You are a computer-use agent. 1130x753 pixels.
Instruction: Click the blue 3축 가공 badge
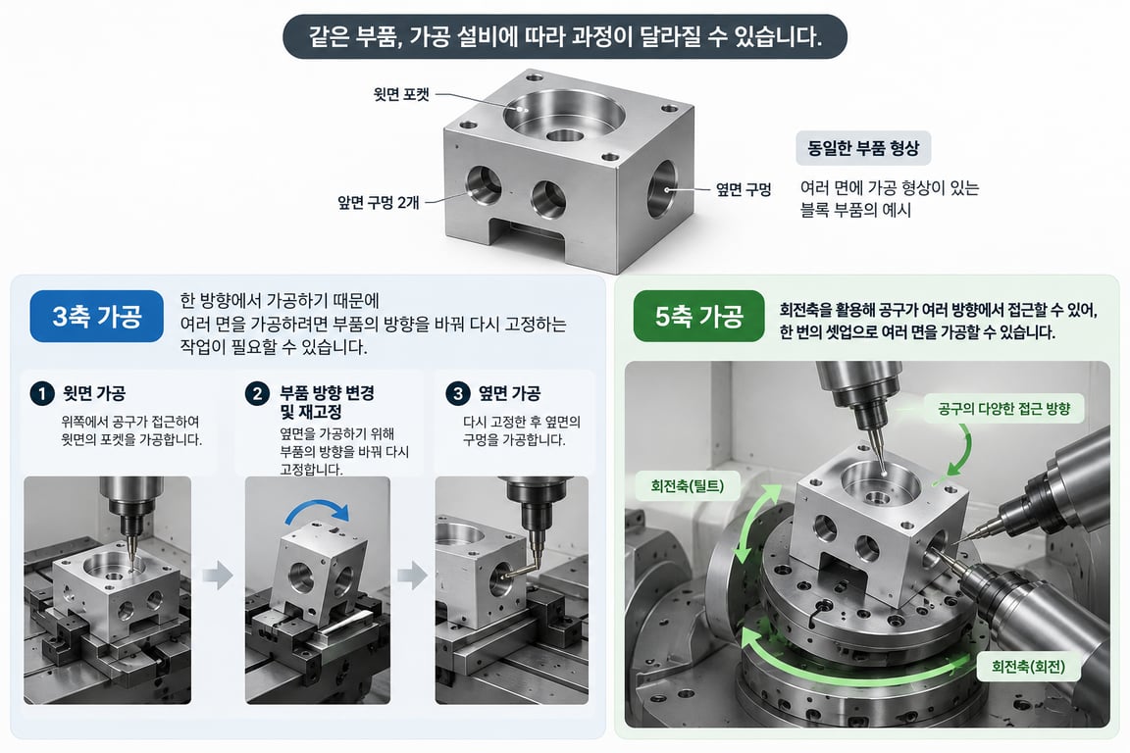coord(96,316)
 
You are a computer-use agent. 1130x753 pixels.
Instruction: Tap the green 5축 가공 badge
coord(698,316)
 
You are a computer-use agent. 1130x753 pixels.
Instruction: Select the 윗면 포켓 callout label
coord(401,94)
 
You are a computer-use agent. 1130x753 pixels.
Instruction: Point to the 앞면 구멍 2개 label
coord(379,203)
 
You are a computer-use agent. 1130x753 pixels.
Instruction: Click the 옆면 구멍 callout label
coord(743,189)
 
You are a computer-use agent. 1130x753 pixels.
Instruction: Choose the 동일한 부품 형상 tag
coord(863,148)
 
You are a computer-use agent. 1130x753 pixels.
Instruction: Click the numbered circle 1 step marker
coord(42,393)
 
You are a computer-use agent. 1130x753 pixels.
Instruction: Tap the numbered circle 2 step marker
coord(257,393)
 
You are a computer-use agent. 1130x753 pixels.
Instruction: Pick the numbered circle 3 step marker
coord(458,393)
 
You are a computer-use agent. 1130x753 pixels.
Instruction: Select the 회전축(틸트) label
coord(687,485)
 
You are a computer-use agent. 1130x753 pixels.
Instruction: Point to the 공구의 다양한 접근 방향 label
coord(1003,409)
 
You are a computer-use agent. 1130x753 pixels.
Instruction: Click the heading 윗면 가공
coord(94,393)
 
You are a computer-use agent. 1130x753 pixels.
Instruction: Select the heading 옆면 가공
coord(509,393)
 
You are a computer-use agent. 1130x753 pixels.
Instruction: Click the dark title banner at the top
coord(565,36)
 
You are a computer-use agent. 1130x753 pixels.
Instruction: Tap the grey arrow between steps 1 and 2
coord(218,575)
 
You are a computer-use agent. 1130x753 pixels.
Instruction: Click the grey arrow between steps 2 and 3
coord(413,575)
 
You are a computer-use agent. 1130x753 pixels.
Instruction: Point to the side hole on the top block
coord(662,189)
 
